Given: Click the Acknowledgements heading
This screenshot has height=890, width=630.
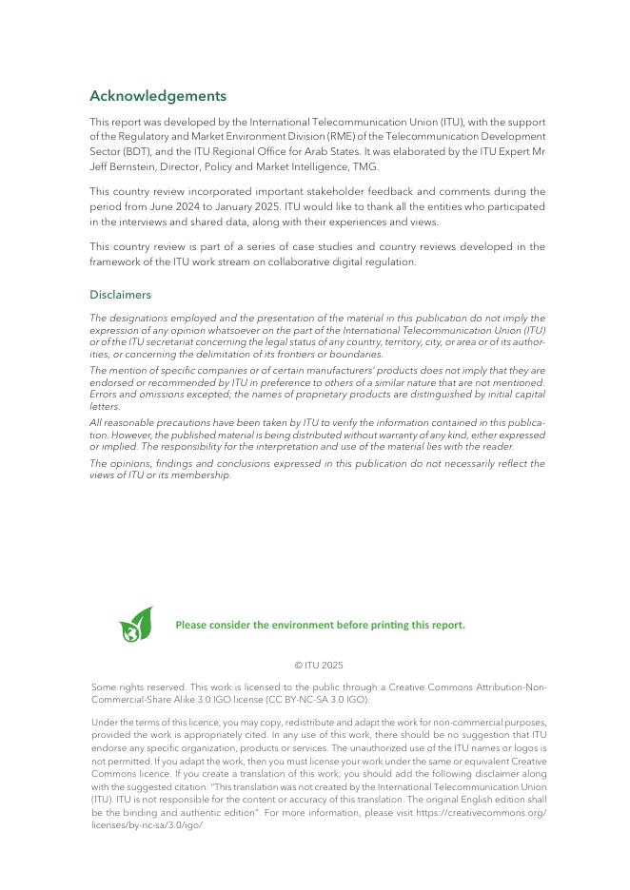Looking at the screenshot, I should (158, 96).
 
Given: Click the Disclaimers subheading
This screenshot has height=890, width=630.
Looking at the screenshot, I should (120, 295).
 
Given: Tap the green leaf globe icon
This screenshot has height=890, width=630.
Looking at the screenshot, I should (136, 625).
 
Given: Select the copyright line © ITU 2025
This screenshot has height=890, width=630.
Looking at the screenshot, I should (319, 666).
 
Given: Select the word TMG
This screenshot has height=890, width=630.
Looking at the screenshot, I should (364, 166).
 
